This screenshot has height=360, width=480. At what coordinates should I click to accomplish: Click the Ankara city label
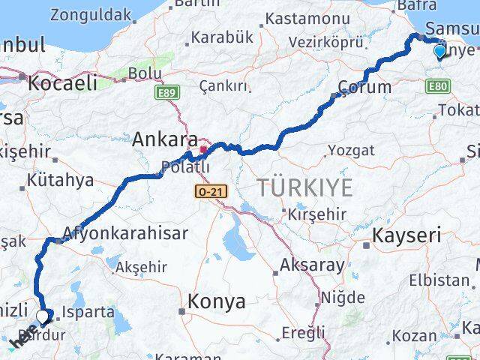point(165,139)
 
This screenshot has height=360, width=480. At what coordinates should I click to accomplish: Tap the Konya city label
point(217,301)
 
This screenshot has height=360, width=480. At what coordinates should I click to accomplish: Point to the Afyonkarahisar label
point(126,233)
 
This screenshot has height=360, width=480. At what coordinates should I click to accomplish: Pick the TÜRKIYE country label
point(304,187)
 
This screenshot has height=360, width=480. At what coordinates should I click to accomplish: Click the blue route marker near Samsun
point(439,51)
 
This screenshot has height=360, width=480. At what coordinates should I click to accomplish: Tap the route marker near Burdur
point(43,317)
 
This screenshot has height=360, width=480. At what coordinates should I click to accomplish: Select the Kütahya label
point(60,180)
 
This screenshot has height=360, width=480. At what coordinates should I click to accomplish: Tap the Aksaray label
point(312,265)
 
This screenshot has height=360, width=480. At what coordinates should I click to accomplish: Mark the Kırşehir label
point(316,214)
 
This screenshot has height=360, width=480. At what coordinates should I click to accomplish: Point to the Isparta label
point(89,311)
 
